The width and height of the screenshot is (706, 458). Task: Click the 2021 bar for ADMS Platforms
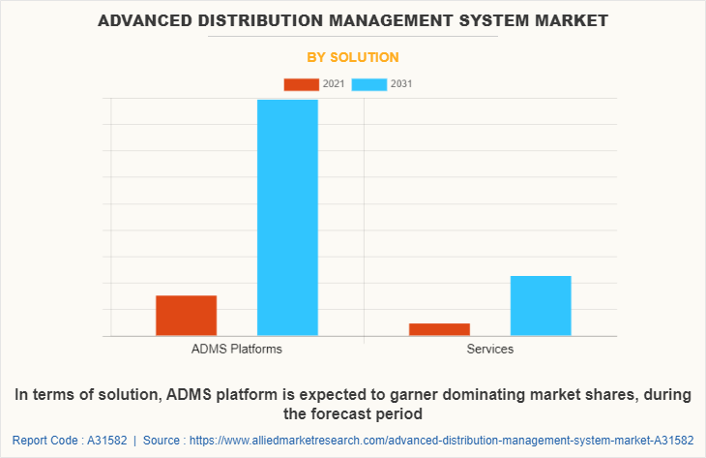coord(186,316)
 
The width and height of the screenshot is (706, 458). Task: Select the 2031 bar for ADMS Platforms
coord(287,218)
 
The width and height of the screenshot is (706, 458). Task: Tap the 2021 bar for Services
coord(439,329)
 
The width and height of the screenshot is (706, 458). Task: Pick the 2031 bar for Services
coord(541,306)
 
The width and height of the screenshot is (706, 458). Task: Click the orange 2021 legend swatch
coord(301,84)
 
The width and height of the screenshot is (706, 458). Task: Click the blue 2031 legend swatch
coord(369,84)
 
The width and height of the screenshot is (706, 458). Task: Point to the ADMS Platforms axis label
coord(237,349)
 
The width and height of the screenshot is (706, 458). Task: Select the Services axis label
coord(490,349)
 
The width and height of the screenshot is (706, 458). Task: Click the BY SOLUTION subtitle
coord(352,57)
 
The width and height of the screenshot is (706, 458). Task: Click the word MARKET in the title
coord(573,19)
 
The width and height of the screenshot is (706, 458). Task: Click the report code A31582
coord(102,441)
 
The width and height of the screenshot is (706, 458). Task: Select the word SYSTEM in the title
coord(495,19)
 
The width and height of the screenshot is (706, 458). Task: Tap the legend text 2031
coord(401,84)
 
